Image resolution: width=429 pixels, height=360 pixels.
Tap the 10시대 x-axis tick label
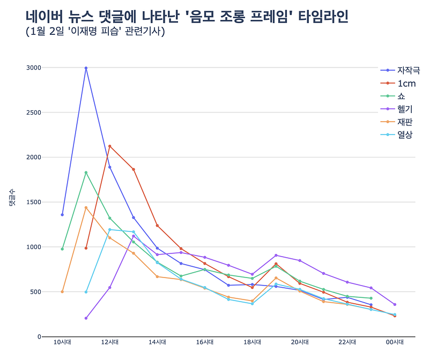(x=62, y=342)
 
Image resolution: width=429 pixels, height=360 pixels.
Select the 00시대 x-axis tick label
(x=395, y=342)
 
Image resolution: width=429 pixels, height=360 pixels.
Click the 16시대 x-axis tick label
(x=205, y=342)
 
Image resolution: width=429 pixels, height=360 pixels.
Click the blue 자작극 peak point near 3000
(x=86, y=68)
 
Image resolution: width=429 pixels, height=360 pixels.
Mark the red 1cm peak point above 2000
(x=110, y=146)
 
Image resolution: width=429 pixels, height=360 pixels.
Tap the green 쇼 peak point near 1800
(x=86, y=172)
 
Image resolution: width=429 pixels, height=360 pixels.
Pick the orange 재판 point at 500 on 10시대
(x=62, y=291)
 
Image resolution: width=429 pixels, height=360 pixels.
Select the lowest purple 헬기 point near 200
(x=86, y=318)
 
